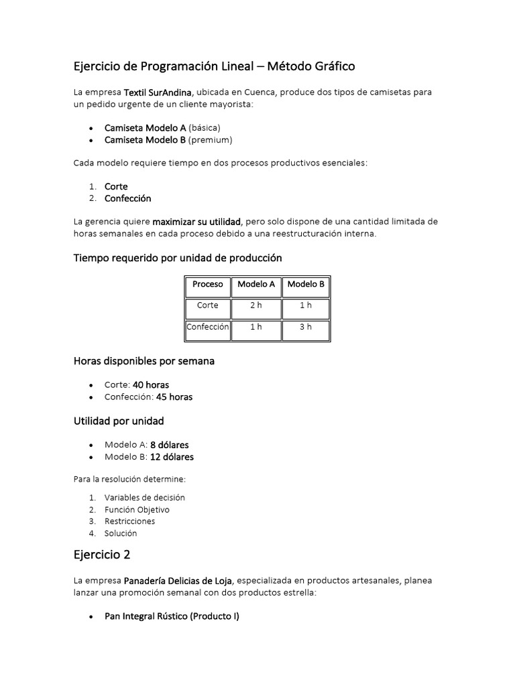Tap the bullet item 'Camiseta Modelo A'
pyautogui.click(x=145, y=127)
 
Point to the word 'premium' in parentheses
pyautogui.click(x=210, y=139)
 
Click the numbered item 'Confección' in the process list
pyautogui.click(x=128, y=198)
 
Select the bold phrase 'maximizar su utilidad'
pyautogui.click(x=196, y=221)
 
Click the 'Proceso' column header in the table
pyautogui.click(x=207, y=284)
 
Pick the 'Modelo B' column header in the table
pyautogui.click(x=306, y=284)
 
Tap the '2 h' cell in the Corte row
pyautogui.click(x=256, y=305)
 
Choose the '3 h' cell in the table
pyautogui.click(x=306, y=328)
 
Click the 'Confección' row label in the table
pyautogui.click(x=208, y=328)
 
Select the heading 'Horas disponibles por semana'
pyautogui.click(x=144, y=361)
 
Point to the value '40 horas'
pyautogui.click(x=151, y=385)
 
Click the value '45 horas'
pyautogui.click(x=174, y=397)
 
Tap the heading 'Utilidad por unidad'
pyautogui.click(x=118, y=421)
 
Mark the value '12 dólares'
pyautogui.click(x=172, y=457)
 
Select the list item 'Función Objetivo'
pyautogui.click(x=137, y=510)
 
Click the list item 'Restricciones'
pyautogui.click(x=129, y=521)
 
